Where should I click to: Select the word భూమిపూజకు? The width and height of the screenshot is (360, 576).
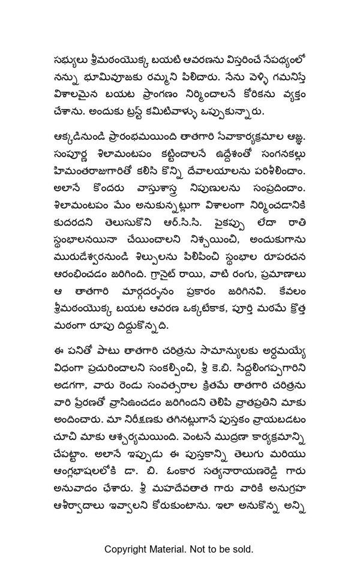[x=108, y=77]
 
